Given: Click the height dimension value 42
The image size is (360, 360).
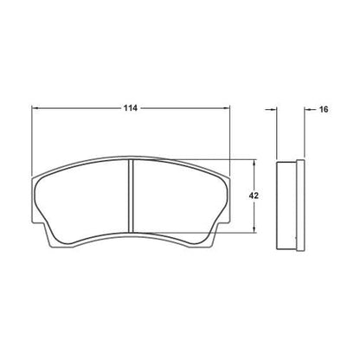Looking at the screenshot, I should coord(254,196).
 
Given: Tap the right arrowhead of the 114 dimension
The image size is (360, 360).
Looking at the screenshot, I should coord(228,109).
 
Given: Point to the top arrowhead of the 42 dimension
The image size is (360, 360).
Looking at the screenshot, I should coord(254,163).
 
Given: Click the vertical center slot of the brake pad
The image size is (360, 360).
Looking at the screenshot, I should coord(131,197).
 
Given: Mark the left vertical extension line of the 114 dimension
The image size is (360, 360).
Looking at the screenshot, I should coord(33,138).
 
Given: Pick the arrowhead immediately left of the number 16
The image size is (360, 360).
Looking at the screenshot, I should coord(305,109).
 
